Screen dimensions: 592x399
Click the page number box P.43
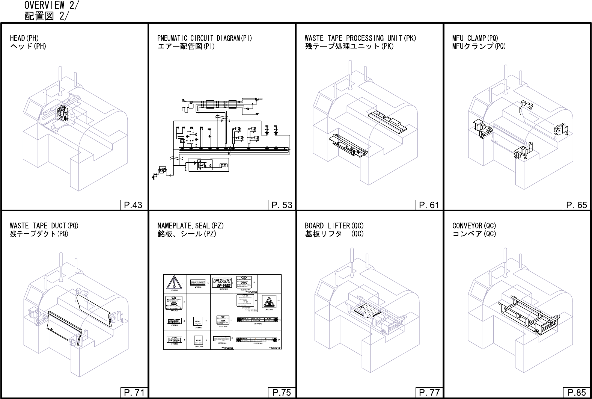click(133, 205)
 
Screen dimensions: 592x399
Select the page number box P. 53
click(282, 205)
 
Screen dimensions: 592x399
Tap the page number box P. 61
click(429, 205)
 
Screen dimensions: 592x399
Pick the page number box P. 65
click(577, 205)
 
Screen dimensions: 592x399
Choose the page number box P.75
click(282, 393)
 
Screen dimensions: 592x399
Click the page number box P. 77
click(429, 393)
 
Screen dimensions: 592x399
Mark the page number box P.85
click(577, 393)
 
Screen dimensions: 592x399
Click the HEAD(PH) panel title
click(24, 38)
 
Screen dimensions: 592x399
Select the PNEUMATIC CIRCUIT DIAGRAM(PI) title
click(205, 38)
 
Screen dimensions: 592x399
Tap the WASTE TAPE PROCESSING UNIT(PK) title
click(360, 38)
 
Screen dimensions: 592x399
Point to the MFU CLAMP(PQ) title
click(475, 38)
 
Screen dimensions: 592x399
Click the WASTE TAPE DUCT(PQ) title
click(44, 225)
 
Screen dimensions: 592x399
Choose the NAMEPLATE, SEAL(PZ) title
click(190, 225)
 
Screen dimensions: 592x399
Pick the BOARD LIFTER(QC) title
click(334, 225)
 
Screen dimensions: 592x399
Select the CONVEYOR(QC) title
click(474, 225)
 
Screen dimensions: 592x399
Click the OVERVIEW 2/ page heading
click(51, 6)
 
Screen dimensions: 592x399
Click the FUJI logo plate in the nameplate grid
click(222, 283)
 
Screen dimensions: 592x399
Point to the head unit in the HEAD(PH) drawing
click(62, 113)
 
